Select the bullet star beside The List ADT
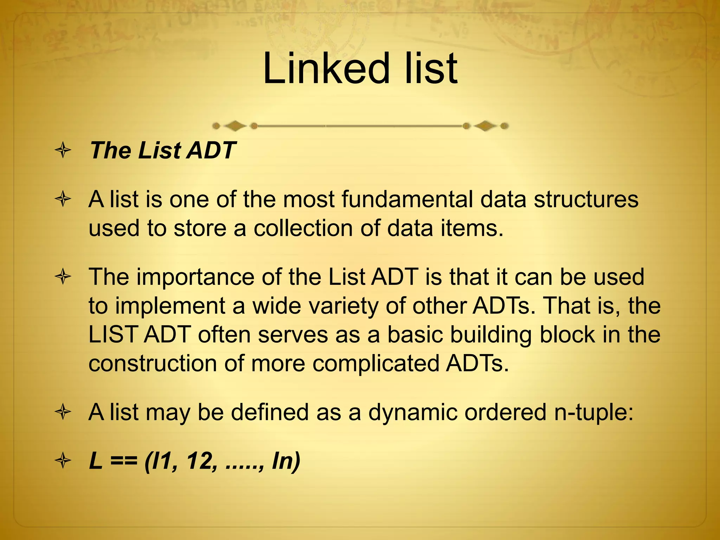(63, 151)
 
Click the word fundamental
(407, 199)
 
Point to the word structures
(586, 199)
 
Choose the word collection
(303, 228)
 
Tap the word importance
(195, 277)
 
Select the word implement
(170, 306)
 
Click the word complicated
(375, 364)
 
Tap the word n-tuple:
(594, 412)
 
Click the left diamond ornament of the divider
(235, 126)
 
